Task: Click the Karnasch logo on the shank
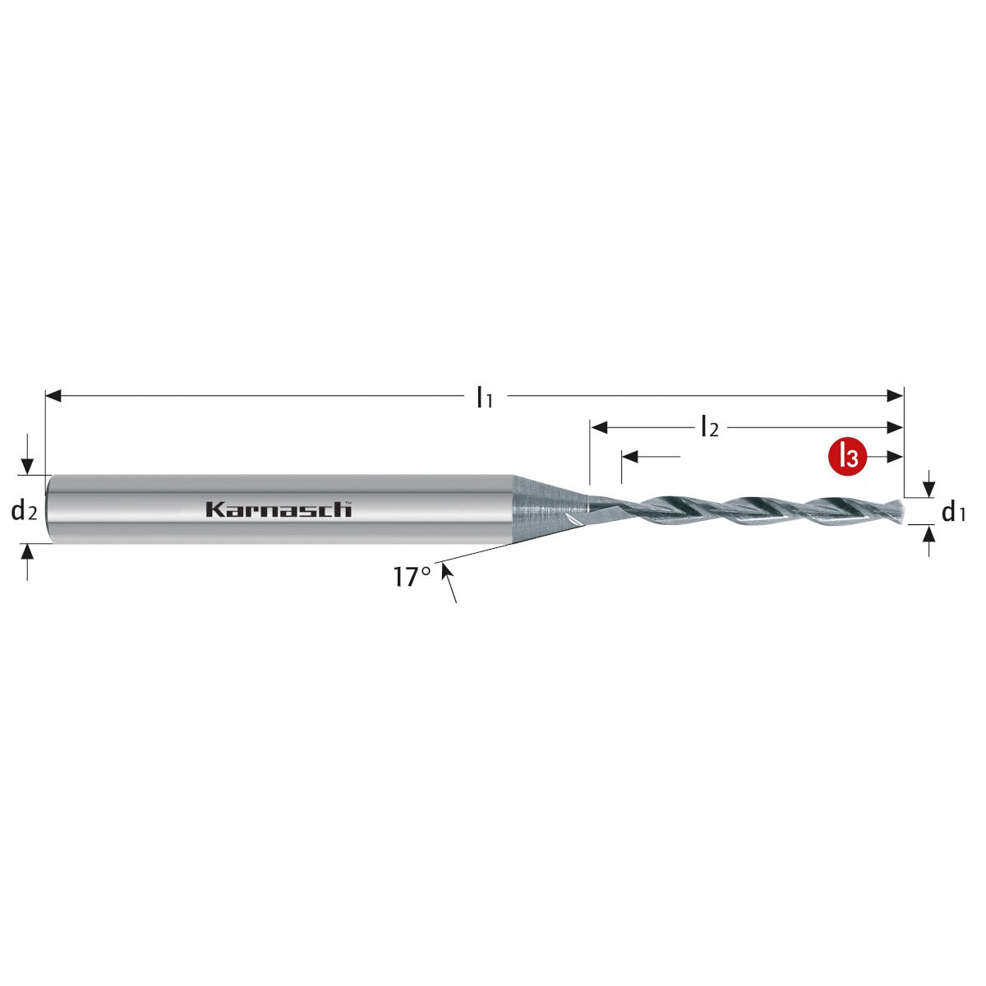[x=279, y=509]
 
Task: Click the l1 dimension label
[x=485, y=399]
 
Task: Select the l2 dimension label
[x=709, y=427]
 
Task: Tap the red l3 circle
[x=846, y=457]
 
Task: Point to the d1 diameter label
[x=953, y=514]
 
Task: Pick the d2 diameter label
[x=25, y=512]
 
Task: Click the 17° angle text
[x=412, y=577]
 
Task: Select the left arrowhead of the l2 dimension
[x=598, y=427]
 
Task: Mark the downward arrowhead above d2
[x=28, y=467]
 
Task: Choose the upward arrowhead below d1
[x=929, y=534]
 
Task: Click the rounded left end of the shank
[x=49, y=509]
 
